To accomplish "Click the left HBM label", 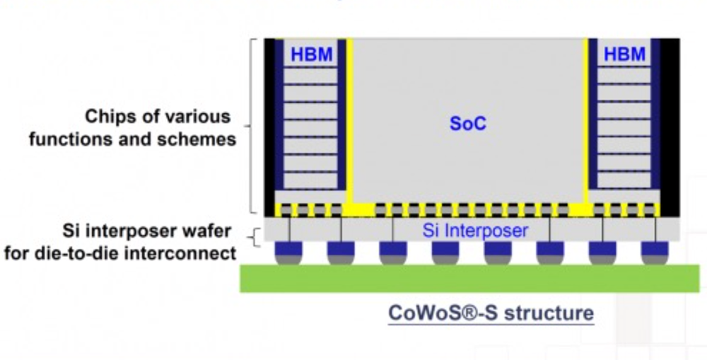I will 312,54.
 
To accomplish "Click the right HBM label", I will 625,54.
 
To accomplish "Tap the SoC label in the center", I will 468,124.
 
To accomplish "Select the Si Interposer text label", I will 475,230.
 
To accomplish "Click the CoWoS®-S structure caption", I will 491,313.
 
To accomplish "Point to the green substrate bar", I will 469,279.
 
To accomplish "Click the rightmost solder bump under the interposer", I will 655,252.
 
